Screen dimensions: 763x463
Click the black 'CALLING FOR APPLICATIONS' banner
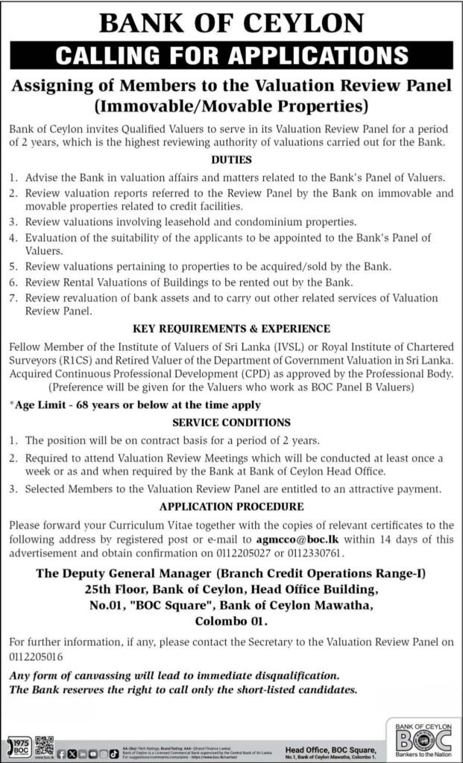coord(231,56)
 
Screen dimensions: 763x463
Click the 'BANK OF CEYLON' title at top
coord(231,22)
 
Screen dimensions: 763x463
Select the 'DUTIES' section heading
coord(231,160)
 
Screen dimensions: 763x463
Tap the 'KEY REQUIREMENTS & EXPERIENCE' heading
coord(231,328)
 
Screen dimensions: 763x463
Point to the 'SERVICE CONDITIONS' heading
coord(231,421)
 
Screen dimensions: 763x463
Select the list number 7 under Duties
coord(13,298)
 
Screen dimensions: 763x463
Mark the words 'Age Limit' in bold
coord(39,405)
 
